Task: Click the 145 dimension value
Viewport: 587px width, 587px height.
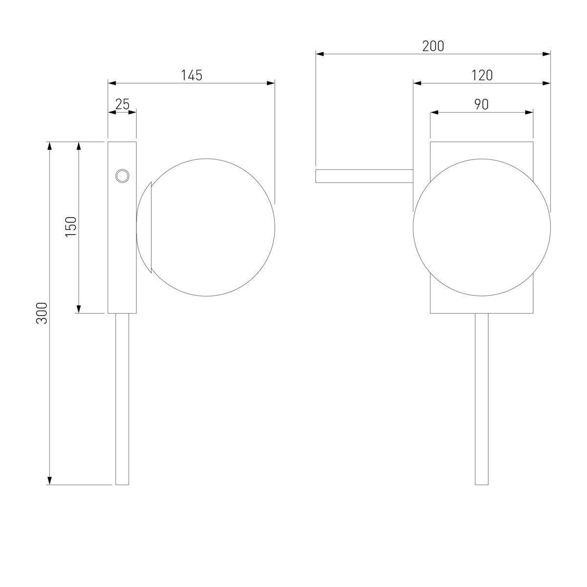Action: (192, 75)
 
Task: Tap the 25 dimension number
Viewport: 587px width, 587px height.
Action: (122, 104)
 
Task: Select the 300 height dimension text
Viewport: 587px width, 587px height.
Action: (42, 313)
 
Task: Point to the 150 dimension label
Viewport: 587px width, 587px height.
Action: (70, 226)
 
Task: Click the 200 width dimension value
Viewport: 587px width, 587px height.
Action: (433, 46)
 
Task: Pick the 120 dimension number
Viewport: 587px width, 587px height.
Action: (482, 75)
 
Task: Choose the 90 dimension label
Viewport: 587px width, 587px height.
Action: (482, 105)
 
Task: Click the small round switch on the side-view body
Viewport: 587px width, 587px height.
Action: (122, 176)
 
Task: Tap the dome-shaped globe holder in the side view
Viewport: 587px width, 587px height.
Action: (144, 227)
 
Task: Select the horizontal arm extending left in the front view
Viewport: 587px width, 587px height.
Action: (364, 176)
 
